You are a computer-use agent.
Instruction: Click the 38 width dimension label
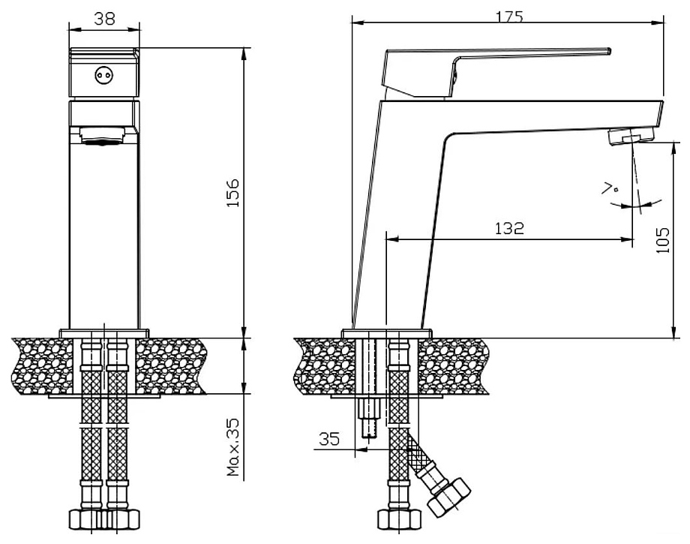(x=105, y=19)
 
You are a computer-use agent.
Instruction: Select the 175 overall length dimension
(x=509, y=17)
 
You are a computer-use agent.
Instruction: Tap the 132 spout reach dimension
(x=509, y=228)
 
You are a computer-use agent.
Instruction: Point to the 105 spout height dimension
(x=662, y=240)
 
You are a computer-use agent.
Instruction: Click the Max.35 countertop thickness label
(x=232, y=447)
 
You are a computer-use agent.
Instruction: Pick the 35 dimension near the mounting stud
(x=329, y=438)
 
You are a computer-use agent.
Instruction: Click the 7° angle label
(x=610, y=188)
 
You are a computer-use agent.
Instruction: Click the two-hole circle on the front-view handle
(x=103, y=75)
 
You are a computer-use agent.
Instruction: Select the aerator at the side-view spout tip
(x=631, y=136)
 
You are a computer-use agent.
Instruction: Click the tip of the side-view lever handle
(x=609, y=50)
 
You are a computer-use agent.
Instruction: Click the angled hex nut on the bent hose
(x=449, y=497)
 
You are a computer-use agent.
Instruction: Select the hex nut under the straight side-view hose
(x=400, y=519)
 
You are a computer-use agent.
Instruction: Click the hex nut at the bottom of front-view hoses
(x=104, y=519)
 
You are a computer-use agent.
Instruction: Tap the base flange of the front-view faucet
(x=104, y=333)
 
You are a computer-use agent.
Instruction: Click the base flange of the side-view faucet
(x=387, y=333)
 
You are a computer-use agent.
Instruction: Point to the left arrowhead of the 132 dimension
(x=392, y=239)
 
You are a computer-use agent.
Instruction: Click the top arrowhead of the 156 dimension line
(x=244, y=54)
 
